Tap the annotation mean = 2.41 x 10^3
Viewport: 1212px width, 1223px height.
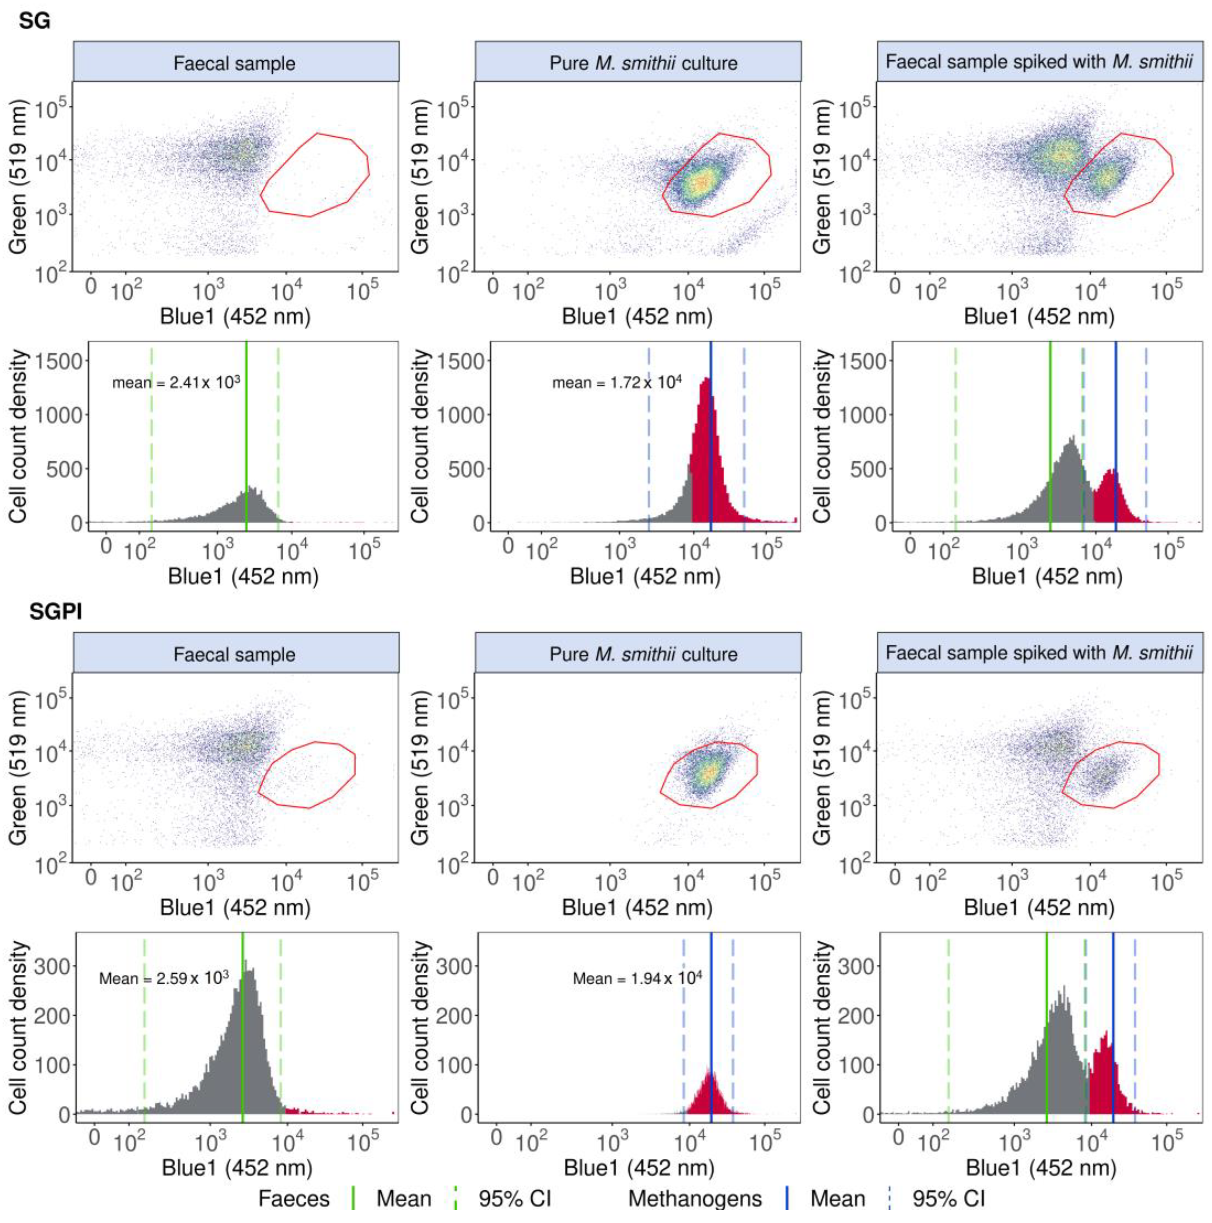click(x=176, y=382)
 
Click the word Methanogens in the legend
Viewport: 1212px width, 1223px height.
click(x=695, y=1198)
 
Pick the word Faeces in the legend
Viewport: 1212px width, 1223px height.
click(x=294, y=1198)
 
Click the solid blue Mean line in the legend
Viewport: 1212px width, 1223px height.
click(x=787, y=1198)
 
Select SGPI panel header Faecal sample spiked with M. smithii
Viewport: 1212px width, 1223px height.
click(x=1039, y=653)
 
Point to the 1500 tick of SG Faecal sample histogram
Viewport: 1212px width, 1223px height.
click(x=58, y=361)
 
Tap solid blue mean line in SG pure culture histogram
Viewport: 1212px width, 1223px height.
click(x=711, y=443)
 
